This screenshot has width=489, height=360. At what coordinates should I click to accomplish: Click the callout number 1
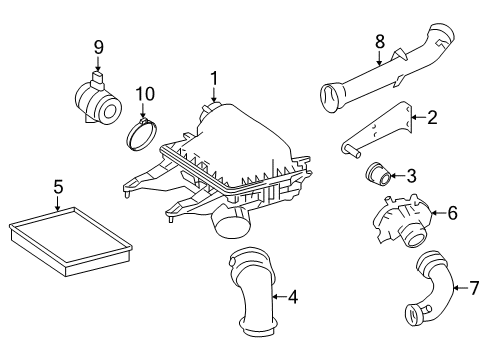213,77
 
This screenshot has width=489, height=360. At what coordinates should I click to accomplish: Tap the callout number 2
432,118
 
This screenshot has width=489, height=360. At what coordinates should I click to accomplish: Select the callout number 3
411,176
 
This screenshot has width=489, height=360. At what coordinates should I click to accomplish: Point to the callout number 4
292,297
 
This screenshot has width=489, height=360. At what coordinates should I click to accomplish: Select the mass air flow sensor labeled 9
97,101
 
